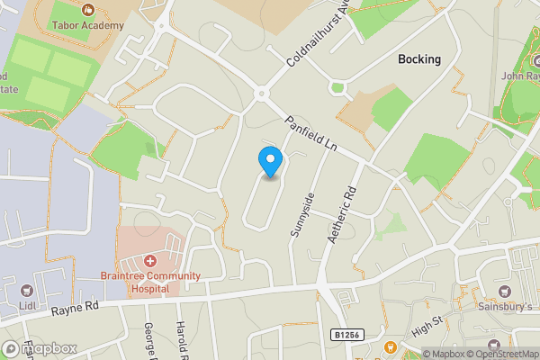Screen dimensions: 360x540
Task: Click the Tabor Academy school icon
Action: [87, 10]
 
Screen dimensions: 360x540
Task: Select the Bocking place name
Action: [419, 59]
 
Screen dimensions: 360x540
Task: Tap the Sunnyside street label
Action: [302, 215]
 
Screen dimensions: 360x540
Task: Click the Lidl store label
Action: [26, 307]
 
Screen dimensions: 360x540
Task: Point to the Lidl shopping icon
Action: [26, 291]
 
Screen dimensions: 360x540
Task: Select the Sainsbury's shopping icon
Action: [503, 292]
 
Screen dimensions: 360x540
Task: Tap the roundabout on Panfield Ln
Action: [262, 94]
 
